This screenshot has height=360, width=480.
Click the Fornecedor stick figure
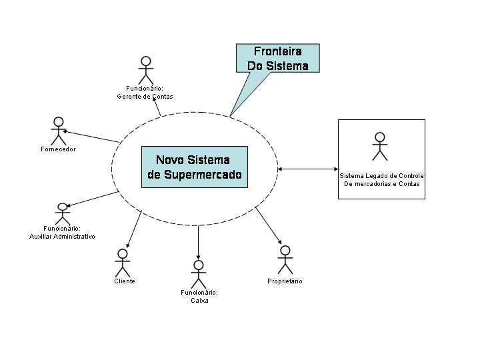coord(59,131)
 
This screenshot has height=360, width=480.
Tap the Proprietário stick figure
coord(285,260)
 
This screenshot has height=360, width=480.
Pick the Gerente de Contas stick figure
coord(145,71)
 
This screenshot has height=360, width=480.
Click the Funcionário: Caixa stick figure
coord(198,274)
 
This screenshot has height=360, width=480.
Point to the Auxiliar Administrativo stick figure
coord(63,214)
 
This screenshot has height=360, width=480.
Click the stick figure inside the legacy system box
coord(380,146)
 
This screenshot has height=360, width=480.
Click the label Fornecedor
coord(58,149)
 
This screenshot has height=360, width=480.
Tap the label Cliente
coord(124,281)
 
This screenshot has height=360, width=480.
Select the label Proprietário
coord(285,281)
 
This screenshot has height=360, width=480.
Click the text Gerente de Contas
coord(145,97)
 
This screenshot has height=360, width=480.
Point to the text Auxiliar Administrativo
coord(63,237)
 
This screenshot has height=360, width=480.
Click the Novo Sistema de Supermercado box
coord(194,167)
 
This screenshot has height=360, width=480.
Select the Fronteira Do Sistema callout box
coord(278,58)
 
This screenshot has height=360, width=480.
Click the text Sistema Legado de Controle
coord(381,176)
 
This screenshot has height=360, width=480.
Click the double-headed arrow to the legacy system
coord(307,169)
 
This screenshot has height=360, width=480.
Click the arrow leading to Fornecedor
coord(91,136)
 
